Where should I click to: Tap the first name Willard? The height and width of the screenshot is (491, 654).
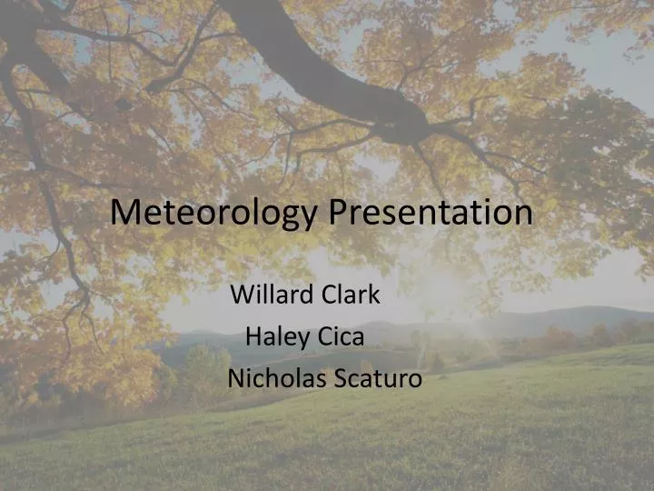(271, 295)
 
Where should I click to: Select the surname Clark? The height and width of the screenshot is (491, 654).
(352, 295)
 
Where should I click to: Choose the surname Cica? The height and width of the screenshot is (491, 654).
(342, 337)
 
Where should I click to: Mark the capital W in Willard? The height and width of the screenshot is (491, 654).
(243, 295)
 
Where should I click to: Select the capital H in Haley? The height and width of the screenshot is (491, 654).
(254, 337)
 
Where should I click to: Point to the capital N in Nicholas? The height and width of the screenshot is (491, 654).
(236, 378)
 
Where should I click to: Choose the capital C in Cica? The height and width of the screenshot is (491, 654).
(325, 337)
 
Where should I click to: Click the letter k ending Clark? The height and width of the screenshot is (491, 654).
(374, 295)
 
